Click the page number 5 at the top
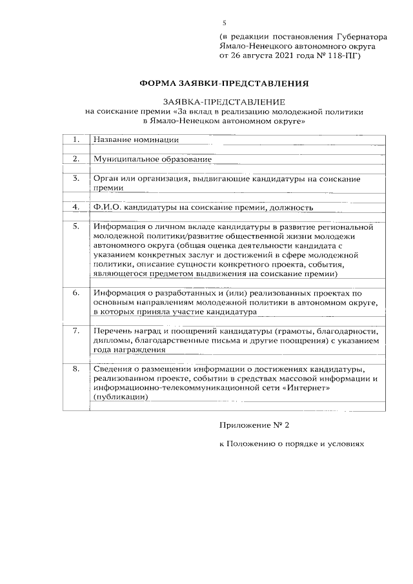[x=224, y=23]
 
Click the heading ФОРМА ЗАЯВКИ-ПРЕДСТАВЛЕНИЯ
[x=225, y=83]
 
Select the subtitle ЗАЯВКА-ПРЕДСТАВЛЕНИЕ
[x=224, y=102]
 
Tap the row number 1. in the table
[x=76, y=139]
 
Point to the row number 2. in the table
[x=76, y=159]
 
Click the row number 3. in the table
[x=76, y=178]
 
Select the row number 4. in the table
[x=76, y=208]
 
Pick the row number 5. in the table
[x=76, y=227]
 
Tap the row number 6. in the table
[x=76, y=292]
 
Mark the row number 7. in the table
[x=76, y=330]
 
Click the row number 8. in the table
[x=76, y=369]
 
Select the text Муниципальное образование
[x=152, y=159]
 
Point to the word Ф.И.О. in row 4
[x=106, y=208]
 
